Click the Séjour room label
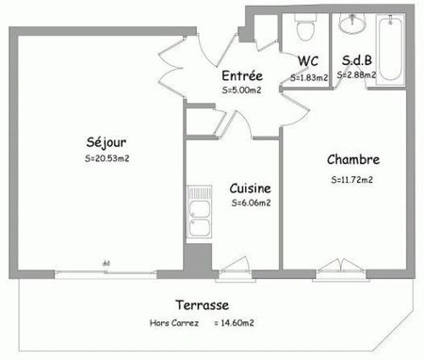tap(103, 144)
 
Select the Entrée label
tap(241, 76)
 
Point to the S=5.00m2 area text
tap(241, 90)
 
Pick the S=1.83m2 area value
tap(308, 77)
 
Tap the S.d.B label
tap(356, 61)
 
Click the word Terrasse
tap(202, 305)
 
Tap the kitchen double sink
tap(198, 219)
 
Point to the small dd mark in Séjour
tap(106, 263)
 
